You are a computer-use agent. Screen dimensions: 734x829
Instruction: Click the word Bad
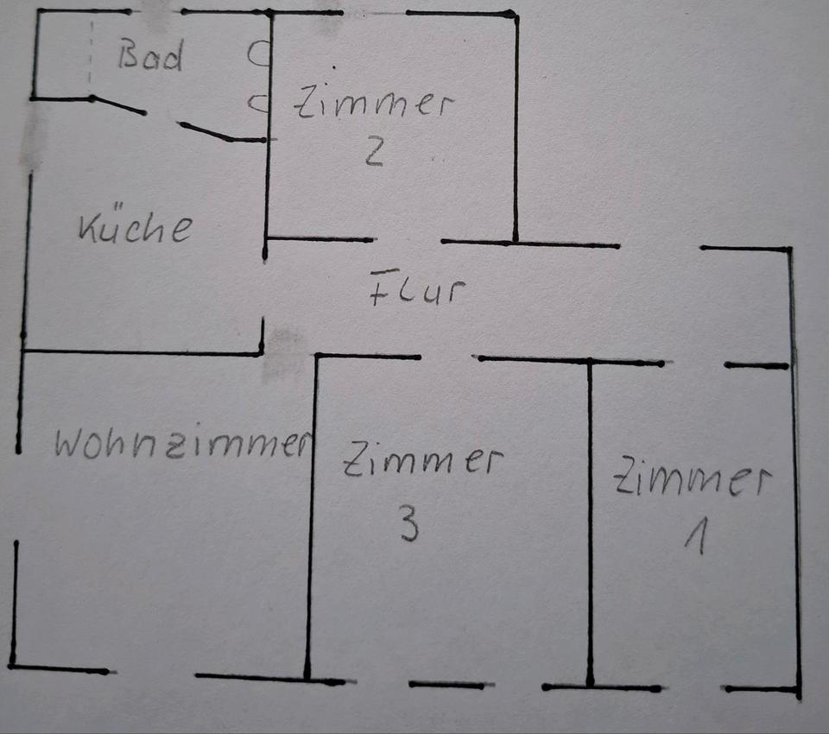[x=151, y=57]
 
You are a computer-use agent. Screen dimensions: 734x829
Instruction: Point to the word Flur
[x=417, y=291]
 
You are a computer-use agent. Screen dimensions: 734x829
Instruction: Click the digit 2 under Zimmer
[x=373, y=152]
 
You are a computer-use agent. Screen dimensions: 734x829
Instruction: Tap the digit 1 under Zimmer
[x=695, y=539]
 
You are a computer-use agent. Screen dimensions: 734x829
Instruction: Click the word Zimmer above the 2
[x=373, y=104]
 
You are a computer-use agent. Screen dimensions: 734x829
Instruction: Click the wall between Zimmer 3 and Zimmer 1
[x=591, y=518]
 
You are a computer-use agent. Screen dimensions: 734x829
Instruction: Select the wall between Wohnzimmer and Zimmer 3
[x=312, y=518]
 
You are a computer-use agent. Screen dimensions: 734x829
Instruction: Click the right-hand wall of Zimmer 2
[x=516, y=130]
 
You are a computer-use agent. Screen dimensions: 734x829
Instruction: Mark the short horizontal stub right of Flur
[x=756, y=366]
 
